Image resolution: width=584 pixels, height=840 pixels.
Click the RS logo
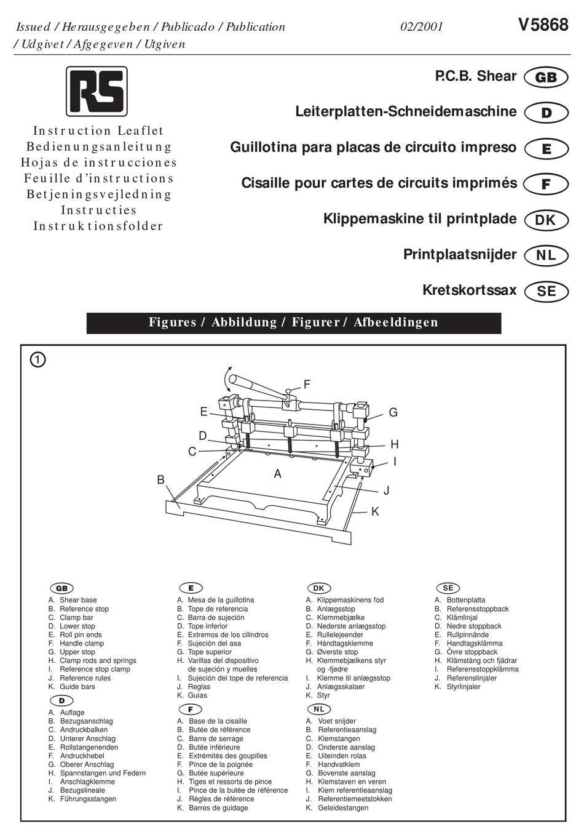coord(97,92)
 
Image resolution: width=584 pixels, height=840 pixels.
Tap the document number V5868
coord(543,25)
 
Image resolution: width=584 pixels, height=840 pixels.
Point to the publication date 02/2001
coord(421,27)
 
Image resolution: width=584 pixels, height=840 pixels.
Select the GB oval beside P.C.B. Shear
coord(546,78)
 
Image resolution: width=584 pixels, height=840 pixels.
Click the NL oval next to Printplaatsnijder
coord(546,255)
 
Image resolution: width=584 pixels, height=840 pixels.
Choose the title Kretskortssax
coord(469,290)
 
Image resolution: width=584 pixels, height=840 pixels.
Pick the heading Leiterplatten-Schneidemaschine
coord(406,112)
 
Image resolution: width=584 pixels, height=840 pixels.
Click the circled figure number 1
coord(37,360)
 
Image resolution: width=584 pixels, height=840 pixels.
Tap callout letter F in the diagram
coord(307,385)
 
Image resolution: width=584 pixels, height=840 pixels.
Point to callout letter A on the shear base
coord(278,474)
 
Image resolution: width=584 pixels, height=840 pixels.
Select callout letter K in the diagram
coord(375,511)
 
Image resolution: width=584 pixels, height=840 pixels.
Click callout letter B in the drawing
coord(161,480)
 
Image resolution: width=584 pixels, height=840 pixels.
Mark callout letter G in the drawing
coord(393,412)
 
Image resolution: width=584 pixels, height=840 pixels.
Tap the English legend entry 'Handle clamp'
coord(82,644)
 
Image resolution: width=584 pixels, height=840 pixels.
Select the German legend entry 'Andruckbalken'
coord(84,730)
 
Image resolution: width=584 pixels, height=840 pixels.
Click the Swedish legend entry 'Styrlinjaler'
coord(464,687)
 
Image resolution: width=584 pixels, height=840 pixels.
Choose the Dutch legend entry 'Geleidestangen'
coord(343,808)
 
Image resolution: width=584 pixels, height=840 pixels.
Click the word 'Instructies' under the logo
coord(98,210)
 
